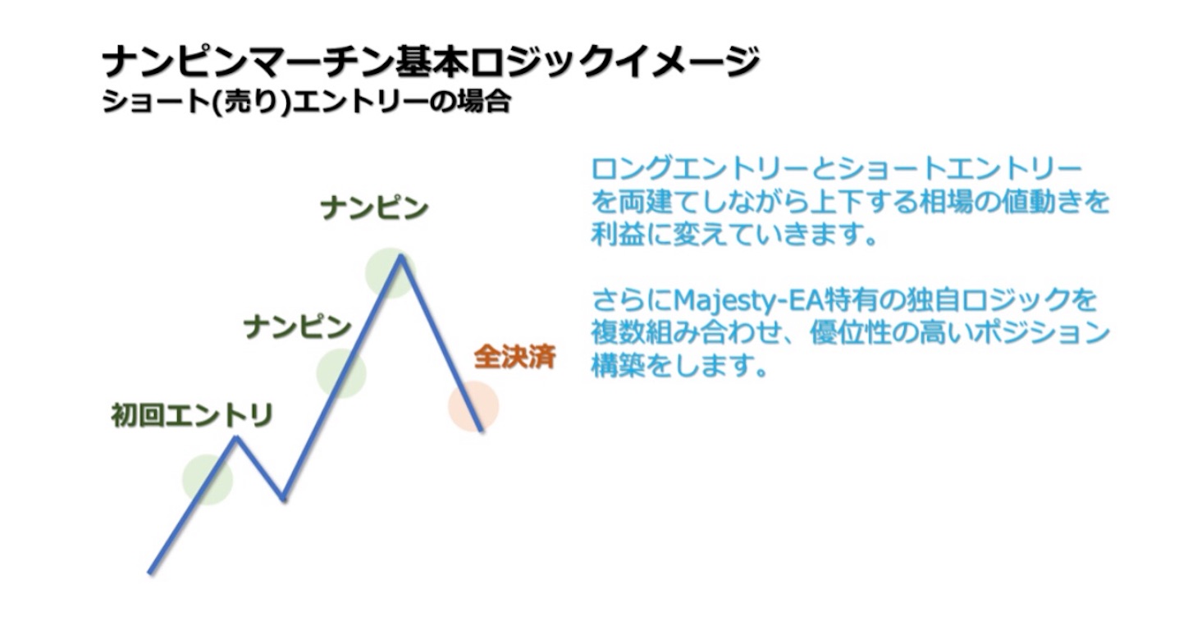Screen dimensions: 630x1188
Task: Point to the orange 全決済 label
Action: [x=515, y=358]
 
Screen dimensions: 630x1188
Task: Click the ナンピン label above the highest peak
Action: [x=374, y=208]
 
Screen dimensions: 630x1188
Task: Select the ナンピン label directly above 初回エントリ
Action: [x=297, y=327]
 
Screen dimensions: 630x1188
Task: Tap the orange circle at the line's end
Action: [x=473, y=406]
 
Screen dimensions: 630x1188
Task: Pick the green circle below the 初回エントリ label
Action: [x=208, y=479]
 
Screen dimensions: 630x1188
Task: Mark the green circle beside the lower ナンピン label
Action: [x=341, y=372]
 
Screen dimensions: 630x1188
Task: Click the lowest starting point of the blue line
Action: [x=150, y=572]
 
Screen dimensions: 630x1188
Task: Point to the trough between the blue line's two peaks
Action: [x=282, y=498]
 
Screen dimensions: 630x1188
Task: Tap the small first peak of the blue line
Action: [x=236, y=437]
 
